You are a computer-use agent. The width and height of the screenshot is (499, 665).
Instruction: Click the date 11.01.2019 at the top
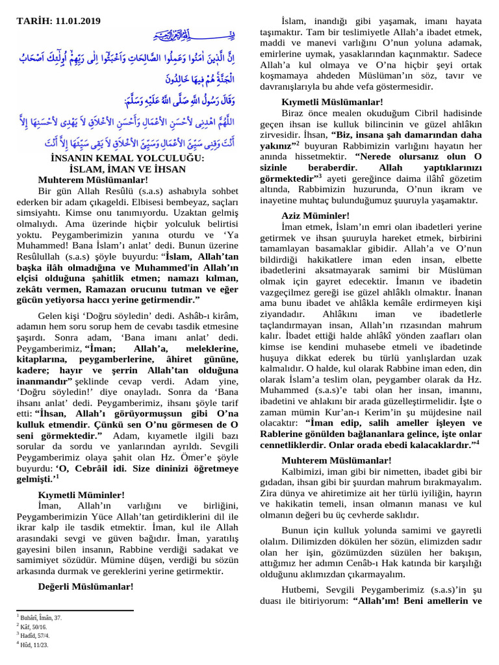[x=77, y=21]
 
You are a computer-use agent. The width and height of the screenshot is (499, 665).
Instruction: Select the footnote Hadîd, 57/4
[x=36, y=636]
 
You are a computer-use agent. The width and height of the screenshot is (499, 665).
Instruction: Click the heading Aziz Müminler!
[x=316, y=216]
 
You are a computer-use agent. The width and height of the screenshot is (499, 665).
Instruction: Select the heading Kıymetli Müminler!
[x=81, y=494]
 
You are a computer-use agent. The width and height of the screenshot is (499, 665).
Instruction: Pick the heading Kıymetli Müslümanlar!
[x=332, y=102]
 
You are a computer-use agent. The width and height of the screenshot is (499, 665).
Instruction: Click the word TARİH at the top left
[x=31, y=21]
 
